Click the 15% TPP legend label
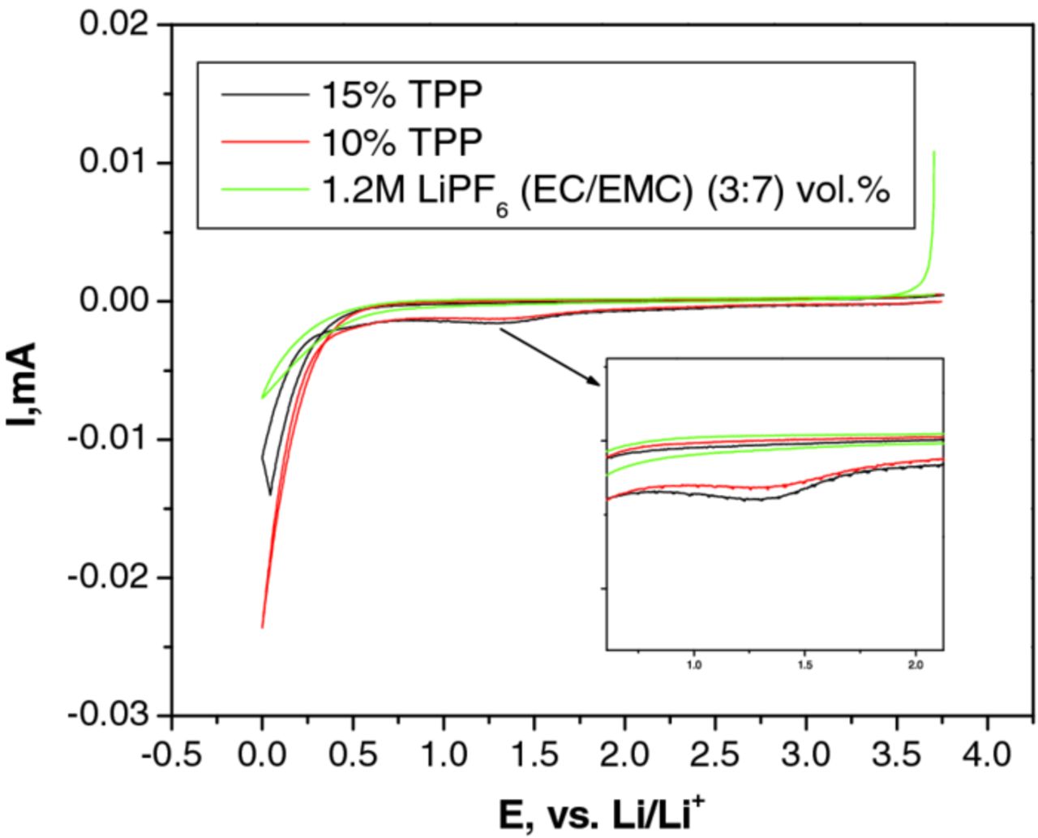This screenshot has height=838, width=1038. click(x=402, y=95)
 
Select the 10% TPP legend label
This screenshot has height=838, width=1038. click(x=402, y=143)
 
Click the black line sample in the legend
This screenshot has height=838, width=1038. click(x=265, y=95)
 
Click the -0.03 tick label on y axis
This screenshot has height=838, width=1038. click(x=109, y=716)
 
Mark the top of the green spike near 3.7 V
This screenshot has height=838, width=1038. click(x=934, y=152)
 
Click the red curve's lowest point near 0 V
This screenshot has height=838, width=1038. click(x=263, y=626)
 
